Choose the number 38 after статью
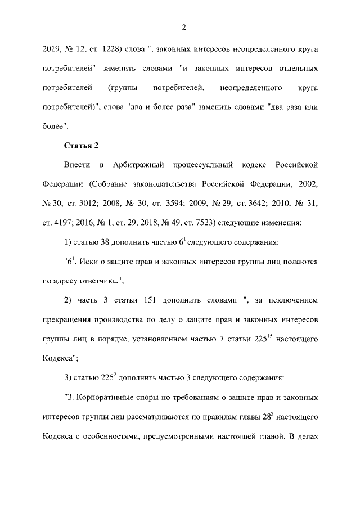(x=111, y=243)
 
